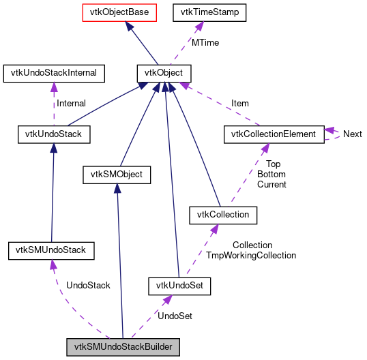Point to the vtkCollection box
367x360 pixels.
click(223, 215)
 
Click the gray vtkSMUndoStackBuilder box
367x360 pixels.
click(123, 348)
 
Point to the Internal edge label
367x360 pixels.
click(71, 104)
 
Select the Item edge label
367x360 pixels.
click(240, 104)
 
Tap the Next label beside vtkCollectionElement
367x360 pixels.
click(352, 134)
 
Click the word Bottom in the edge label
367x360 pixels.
click(271, 175)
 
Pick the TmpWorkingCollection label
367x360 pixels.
click(251, 256)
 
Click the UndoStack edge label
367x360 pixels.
click(88, 285)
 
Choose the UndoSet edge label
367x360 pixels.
click(175, 316)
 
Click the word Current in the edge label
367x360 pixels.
click(271, 185)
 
